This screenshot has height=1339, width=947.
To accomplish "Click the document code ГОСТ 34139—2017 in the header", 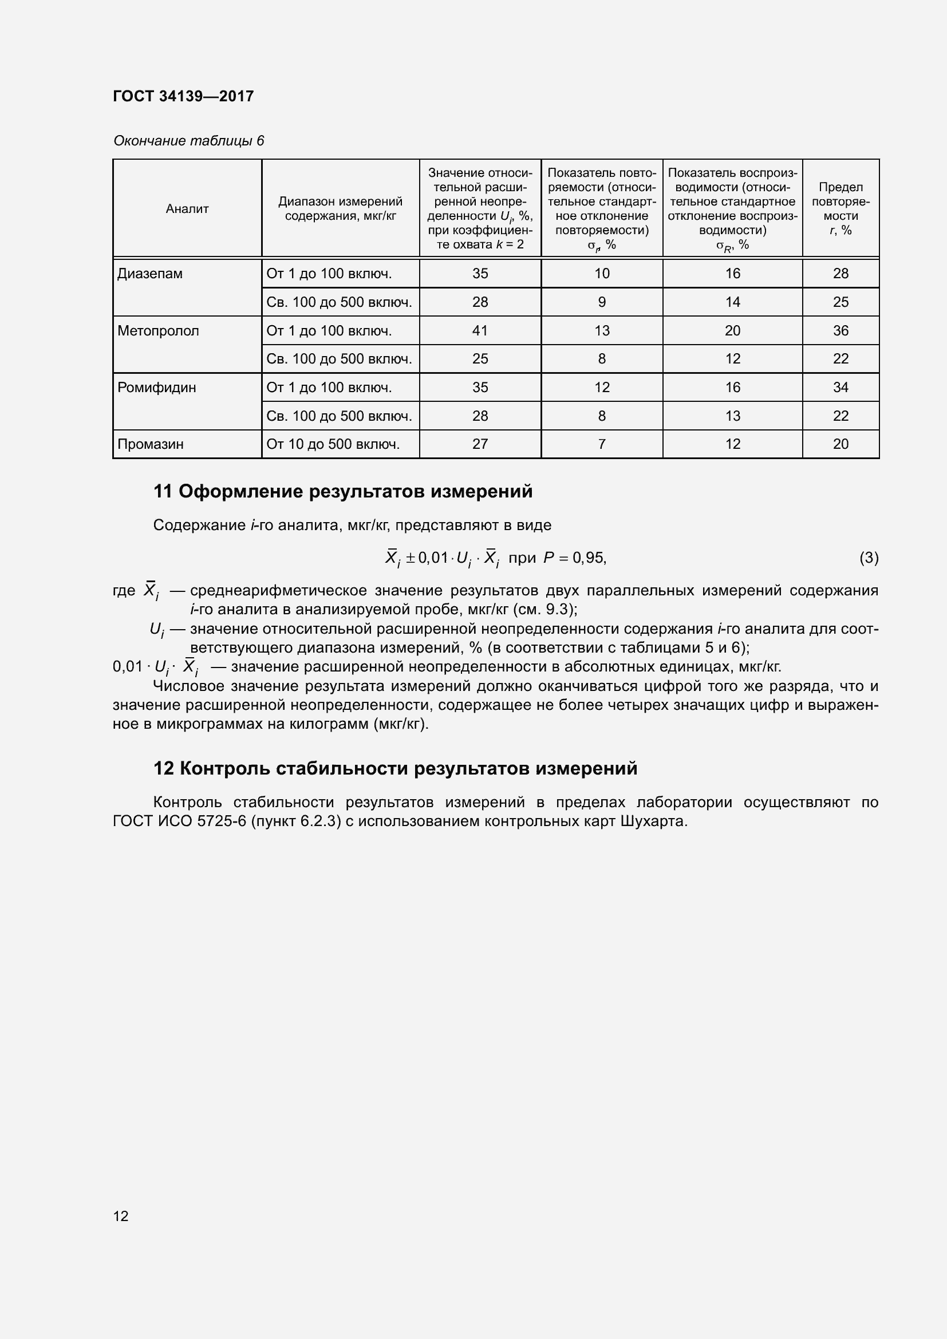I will (183, 96).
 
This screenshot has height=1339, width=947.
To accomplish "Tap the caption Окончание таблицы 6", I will (188, 141).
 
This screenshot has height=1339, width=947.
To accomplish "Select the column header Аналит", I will (187, 209).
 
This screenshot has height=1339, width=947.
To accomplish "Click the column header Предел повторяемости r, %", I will (841, 208).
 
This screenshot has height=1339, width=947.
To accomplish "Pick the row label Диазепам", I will (150, 274).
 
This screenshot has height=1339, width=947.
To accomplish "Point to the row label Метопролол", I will (158, 331).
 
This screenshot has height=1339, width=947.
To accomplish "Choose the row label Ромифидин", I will (156, 387).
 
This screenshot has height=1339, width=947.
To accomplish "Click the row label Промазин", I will (151, 444).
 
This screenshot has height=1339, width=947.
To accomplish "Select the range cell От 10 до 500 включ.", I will (333, 444).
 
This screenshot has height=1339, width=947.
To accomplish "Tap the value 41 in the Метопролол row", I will (480, 331).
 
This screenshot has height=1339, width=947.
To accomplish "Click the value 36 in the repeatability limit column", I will (841, 331).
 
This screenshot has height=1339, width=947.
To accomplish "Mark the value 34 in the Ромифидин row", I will (841, 387).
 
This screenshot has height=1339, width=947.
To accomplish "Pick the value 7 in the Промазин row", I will (602, 444).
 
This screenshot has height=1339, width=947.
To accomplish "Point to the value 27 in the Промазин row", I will (480, 444).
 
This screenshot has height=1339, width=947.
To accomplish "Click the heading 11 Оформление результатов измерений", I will (343, 491).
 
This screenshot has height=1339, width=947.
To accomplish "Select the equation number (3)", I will (869, 558).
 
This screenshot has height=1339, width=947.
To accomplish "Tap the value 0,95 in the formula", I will (589, 558).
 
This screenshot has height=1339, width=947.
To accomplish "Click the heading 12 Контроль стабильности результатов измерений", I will (396, 768).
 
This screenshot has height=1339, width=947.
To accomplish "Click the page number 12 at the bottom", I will (121, 1216).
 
